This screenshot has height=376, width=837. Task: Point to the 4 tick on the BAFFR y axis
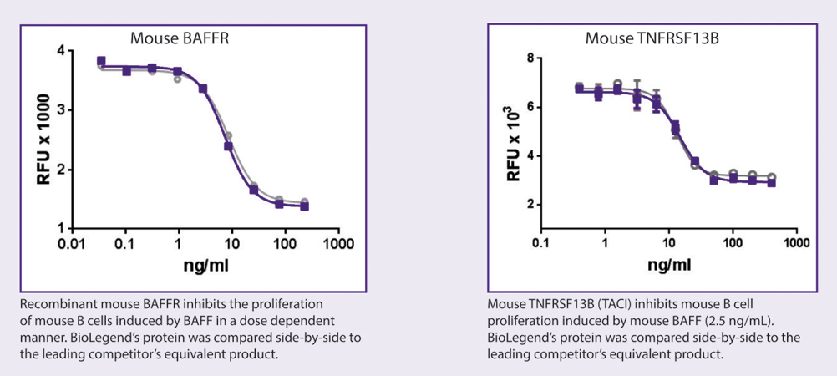click(61, 51)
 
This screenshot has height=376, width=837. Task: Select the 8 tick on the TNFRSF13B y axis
click(530, 58)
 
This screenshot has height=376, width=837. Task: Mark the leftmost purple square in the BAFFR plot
click(101, 61)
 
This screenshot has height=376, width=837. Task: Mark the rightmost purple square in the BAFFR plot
click(305, 206)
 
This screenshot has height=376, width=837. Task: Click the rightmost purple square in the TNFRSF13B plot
click(771, 182)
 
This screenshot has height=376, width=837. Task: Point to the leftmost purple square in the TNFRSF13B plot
click(579, 88)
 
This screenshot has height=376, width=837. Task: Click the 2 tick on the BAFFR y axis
click(61, 170)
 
